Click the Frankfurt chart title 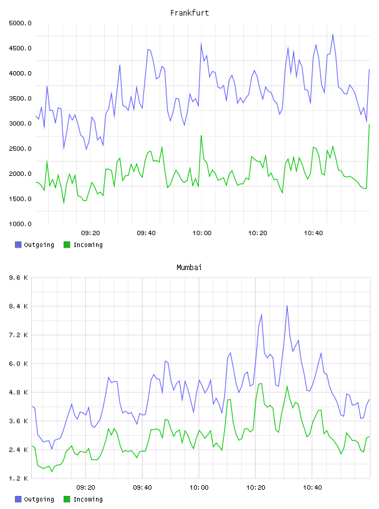189,13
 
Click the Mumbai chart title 189,268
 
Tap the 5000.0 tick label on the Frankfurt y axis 20,23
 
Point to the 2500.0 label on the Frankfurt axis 20,148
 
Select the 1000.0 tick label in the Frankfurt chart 20,224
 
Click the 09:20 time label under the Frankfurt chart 90,233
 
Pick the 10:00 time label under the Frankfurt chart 202,233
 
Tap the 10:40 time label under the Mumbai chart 312,488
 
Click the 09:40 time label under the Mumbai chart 143,488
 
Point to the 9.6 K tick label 19,278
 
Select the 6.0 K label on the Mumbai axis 19,364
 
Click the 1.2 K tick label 19,478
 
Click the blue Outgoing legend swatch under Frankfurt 18,245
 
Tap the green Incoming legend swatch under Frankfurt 67,245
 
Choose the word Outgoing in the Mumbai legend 39,500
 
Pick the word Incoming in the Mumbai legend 88,500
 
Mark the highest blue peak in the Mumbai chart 287,306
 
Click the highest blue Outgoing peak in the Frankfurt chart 333,34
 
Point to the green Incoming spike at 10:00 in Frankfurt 201,136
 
